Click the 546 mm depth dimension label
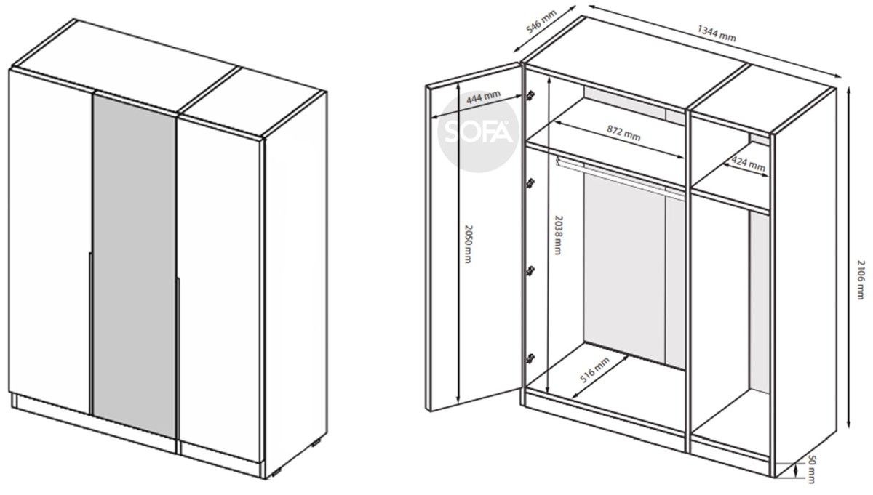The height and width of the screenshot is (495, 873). coord(541,22)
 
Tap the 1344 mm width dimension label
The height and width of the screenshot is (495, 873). coord(717,33)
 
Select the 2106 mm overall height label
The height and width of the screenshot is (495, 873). coord(861,280)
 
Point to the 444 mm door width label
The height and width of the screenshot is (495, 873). coord(483,97)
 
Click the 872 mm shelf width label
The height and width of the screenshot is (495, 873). coord(623,133)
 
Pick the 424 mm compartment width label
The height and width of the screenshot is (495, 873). coord(748,163)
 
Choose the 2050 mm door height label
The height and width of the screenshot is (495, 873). coord(468,244)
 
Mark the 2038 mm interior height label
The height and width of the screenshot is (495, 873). coord(558,236)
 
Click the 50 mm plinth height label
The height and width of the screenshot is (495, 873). coord(811,469)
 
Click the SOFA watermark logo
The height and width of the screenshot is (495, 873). coord(478,132)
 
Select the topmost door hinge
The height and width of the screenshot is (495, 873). coord(530,95)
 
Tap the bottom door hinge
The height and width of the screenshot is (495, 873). coord(530,358)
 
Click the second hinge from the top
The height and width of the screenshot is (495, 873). coord(530,182)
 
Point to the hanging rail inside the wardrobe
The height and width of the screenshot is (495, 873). coord(620,177)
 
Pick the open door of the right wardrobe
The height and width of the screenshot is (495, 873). coord(474,237)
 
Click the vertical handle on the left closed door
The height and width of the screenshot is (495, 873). coord(90,333)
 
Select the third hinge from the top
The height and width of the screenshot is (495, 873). coord(530,270)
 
